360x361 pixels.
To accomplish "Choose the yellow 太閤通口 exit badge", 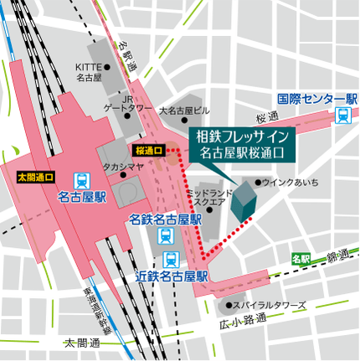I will tap(35, 178).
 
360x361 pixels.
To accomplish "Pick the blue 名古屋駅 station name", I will tap(82, 199).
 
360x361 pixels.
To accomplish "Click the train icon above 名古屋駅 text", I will tap(82, 179).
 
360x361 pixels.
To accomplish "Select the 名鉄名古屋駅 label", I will tap(166, 219).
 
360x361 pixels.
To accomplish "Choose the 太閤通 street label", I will tap(82, 344).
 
